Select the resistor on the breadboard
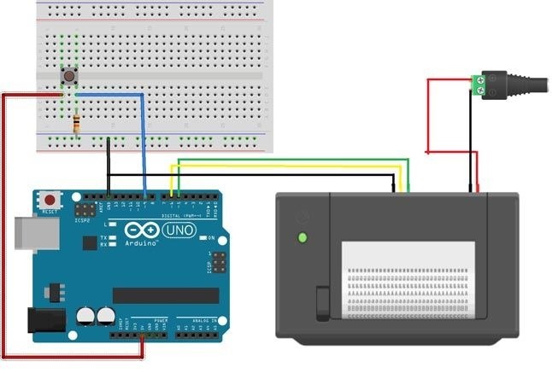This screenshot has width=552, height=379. point(78,125)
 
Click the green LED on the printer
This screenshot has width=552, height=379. point(301,238)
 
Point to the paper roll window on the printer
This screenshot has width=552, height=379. point(408,279)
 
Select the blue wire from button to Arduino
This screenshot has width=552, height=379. point(143,145)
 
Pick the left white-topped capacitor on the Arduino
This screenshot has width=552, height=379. point(86,316)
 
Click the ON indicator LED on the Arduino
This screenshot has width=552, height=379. point(210,239)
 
